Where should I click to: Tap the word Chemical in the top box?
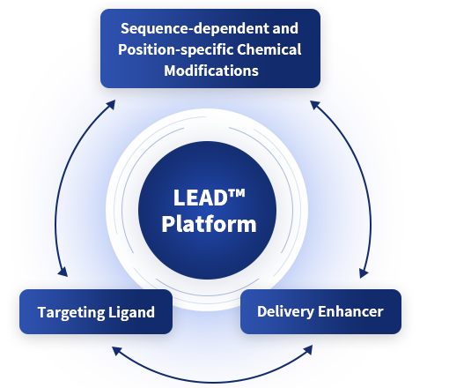pyautogui.click(x=269, y=49)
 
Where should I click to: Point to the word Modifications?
pyautogui.click(x=211, y=71)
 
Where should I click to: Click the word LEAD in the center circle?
pyautogui.click(x=201, y=198)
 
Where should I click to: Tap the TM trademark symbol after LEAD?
pyautogui.click(x=236, y=193)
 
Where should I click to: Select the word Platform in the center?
pyautogui.click(x=209, y=225)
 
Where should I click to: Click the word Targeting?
pyautogui.click(x=71, y=313)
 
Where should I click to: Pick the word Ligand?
pyautogui.click(x=131, y=313)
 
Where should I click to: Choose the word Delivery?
pyautogui.click(x=285, y=312)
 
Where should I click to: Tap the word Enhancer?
pyautogui.click(x=350, y=311)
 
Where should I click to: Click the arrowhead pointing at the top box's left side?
pyautogui.click(x=111, y=105)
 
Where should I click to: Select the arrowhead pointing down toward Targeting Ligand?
pyautogui.click(x=63, y=272)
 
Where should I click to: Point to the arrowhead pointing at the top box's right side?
pyautogui.click(x=315, y=105)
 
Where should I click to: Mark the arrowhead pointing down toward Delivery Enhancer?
pyautogui.click(x=364, y=272)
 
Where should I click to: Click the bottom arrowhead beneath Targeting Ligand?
pyautogui.click(x=117, y=351)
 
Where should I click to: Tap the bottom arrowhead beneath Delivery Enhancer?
pyautogui.click(x=308, y=350)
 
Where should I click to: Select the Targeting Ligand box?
pyautogui.click(x=96, y=311)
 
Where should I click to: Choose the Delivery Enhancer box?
pyautogui.click(x=320, y=311)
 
